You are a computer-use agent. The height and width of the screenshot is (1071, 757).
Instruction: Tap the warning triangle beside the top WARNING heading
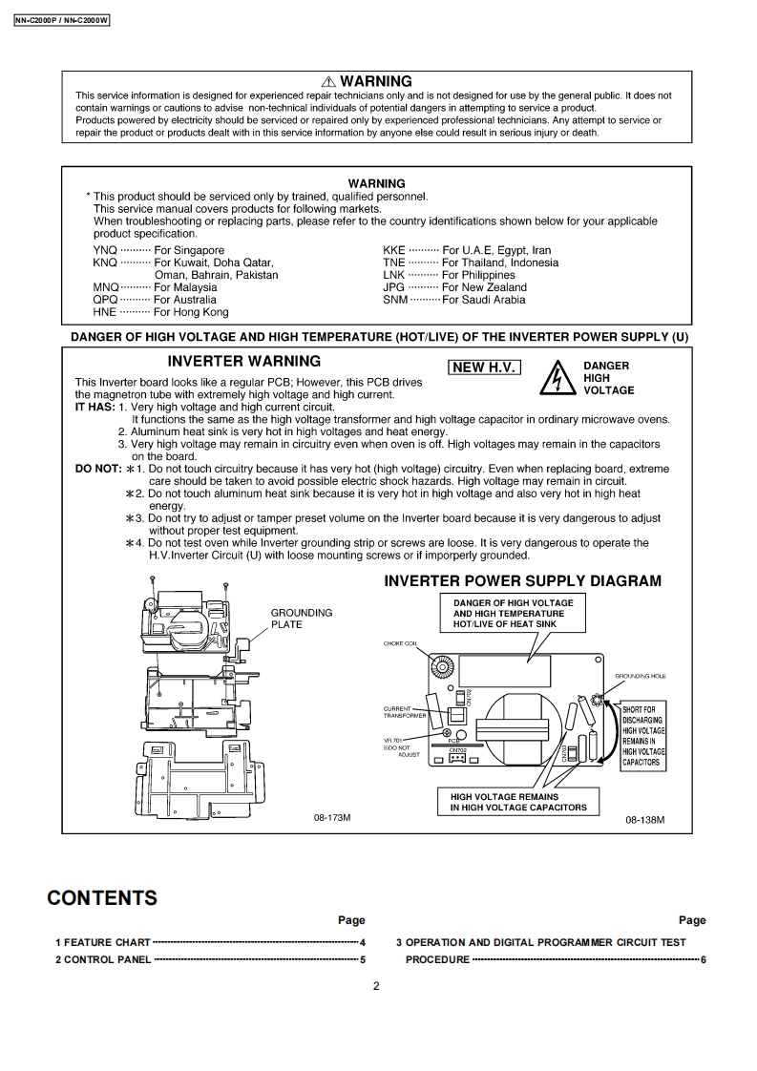328,82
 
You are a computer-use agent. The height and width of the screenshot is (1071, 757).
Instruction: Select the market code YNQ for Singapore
105,251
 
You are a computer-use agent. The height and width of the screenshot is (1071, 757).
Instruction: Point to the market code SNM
395,300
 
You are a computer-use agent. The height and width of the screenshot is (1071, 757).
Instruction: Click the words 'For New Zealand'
484,287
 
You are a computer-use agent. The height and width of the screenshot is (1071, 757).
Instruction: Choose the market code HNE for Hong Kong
105,312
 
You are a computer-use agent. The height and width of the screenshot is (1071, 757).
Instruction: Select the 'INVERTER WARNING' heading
243,362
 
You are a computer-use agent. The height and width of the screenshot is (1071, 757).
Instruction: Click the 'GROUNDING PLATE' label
301,619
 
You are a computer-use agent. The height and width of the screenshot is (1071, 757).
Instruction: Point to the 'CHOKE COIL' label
401,644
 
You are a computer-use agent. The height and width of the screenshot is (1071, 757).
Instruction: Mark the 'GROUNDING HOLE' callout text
641,676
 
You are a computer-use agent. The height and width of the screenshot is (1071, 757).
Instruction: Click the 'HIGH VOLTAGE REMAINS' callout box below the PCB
518,802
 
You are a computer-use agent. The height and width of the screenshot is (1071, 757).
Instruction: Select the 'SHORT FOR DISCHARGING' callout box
643,736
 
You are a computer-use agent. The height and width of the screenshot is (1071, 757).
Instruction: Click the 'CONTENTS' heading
102,898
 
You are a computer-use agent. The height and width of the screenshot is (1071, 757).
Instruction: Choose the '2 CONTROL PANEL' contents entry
103,959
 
